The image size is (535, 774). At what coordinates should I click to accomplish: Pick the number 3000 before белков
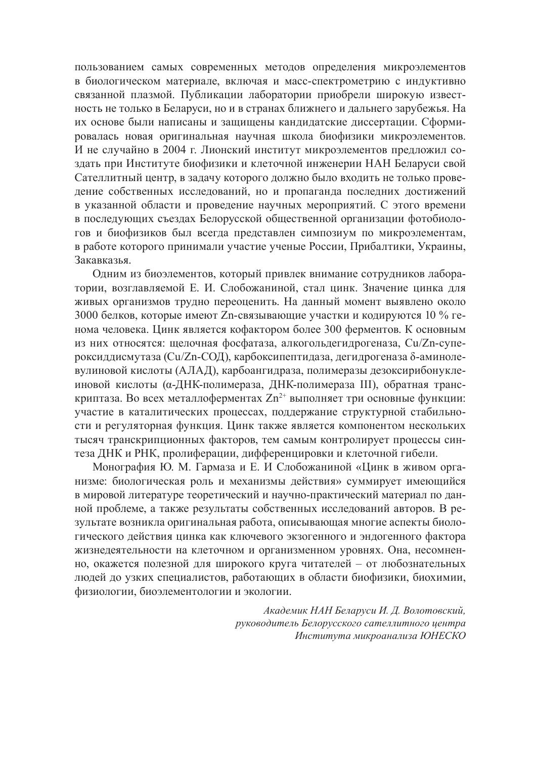coord(86,316)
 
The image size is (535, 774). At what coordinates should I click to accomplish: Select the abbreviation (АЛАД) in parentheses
coord(194,371)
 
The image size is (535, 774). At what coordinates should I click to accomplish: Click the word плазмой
coord(137,95)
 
